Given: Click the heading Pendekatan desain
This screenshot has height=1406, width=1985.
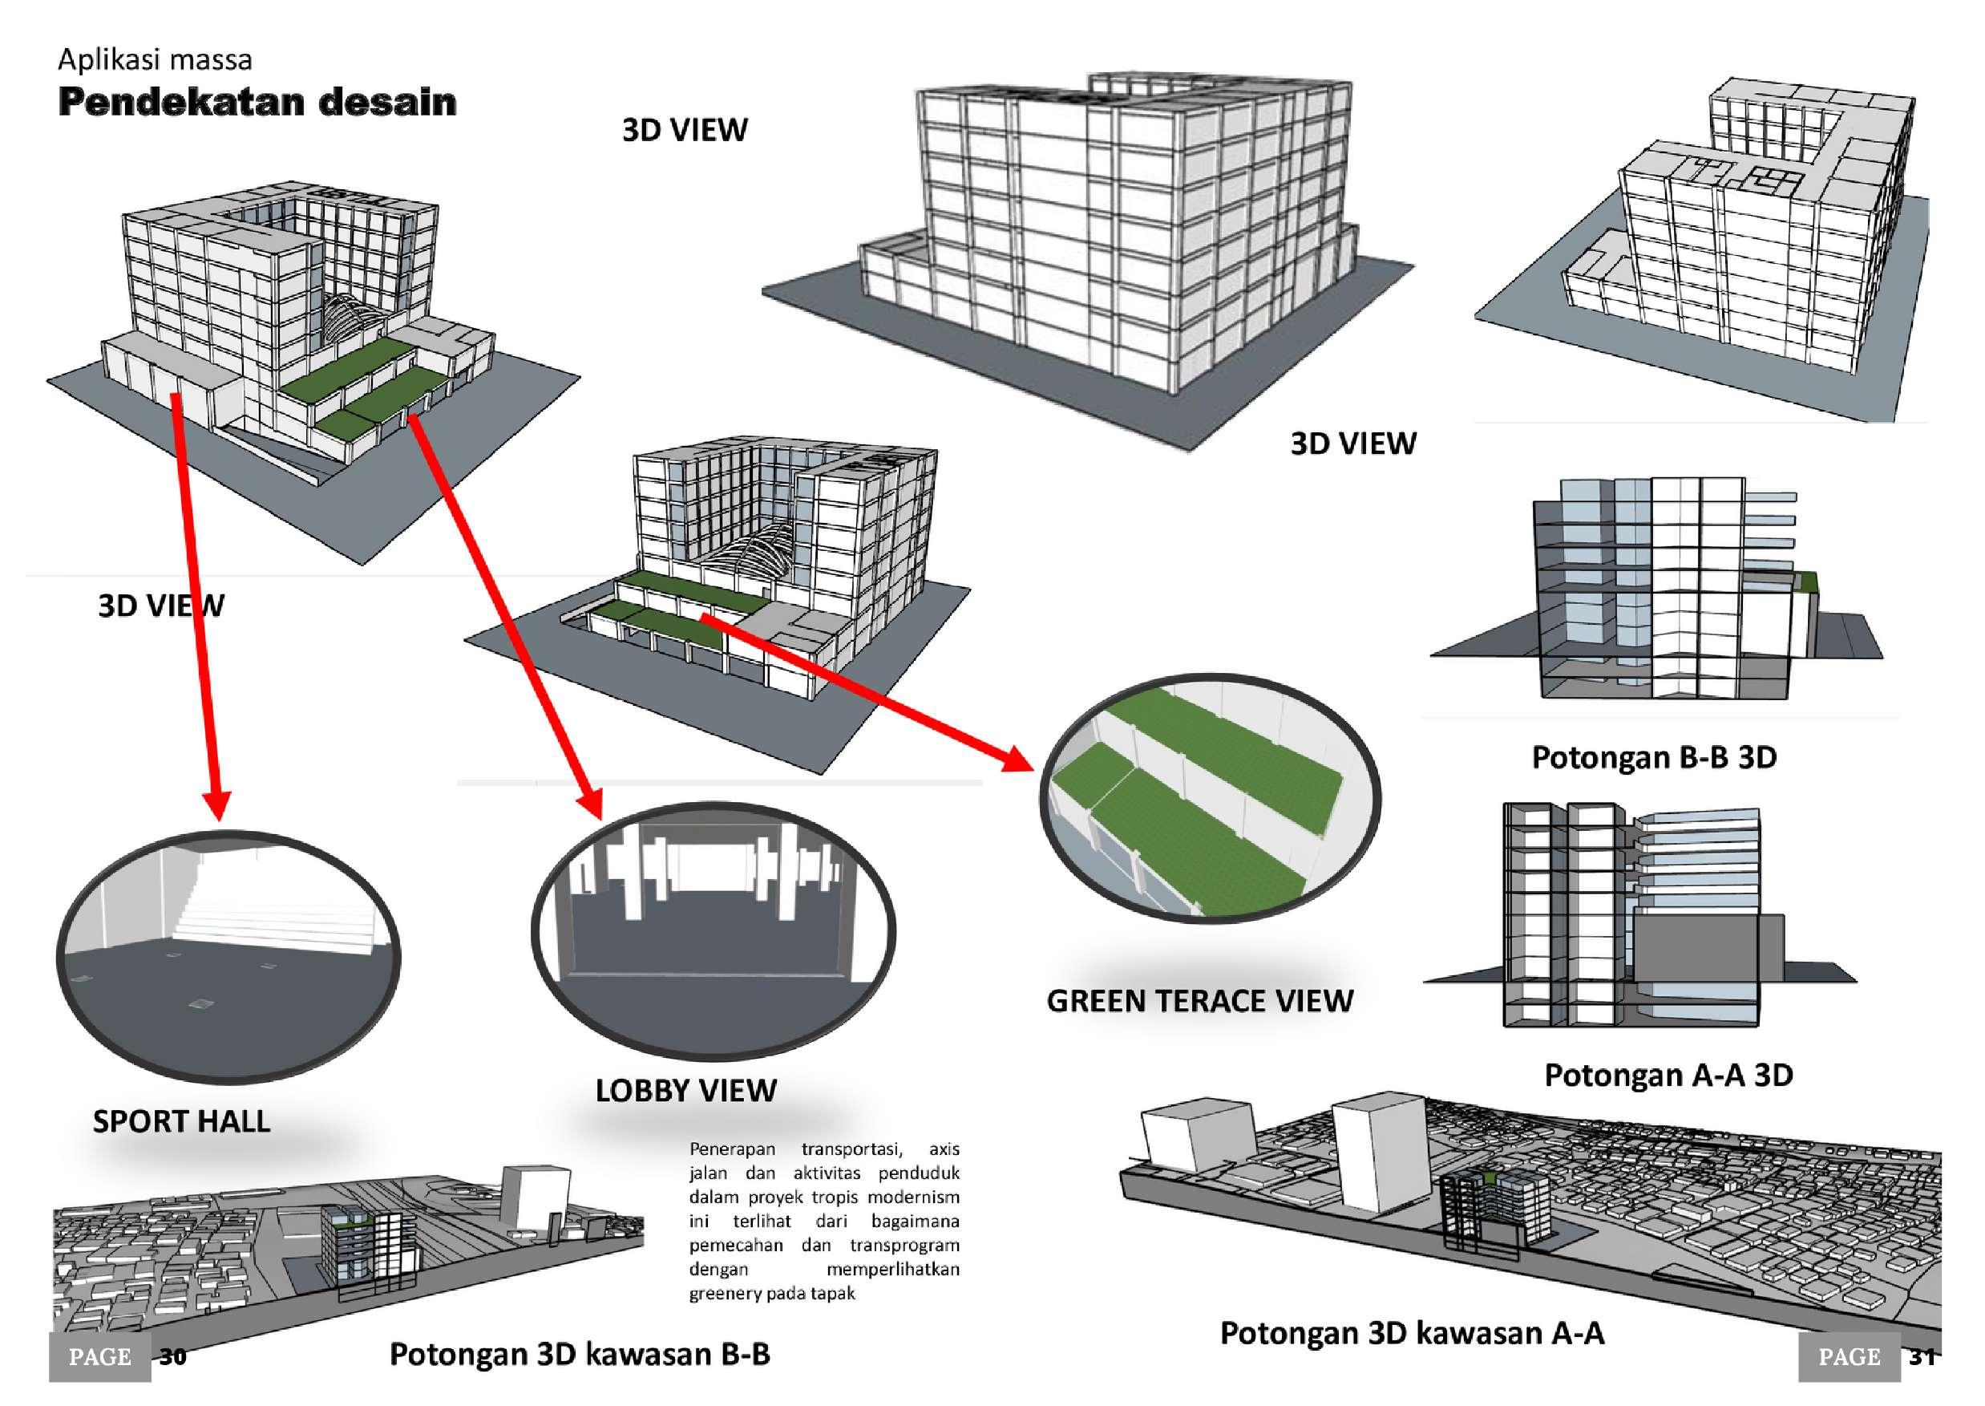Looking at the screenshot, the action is coord(257,102).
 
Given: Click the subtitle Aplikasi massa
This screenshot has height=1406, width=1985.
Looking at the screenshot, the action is coord(155,59).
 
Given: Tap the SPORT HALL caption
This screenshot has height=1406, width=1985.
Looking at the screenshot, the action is coord(181,1121).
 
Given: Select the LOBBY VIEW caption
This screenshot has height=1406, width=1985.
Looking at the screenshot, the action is coord(685,1090).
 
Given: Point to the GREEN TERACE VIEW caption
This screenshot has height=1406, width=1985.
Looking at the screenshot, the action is coord(1199,1001).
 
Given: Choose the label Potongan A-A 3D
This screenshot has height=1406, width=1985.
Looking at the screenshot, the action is coord(1668,1076).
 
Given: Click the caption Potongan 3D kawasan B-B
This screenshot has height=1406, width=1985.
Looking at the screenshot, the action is coord(579,1354).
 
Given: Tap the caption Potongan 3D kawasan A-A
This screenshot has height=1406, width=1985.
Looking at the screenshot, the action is coord(1411,1333).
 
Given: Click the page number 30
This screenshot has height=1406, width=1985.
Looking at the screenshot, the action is coord(173,1356).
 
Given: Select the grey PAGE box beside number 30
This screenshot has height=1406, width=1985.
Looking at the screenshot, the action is coord(99,1356).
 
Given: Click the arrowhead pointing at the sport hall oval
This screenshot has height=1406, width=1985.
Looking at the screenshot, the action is coord(218,805).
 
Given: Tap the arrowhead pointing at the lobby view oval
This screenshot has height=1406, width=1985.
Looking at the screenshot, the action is coord(592,803).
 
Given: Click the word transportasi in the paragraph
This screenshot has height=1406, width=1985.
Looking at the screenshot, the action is coord(851,1149).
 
